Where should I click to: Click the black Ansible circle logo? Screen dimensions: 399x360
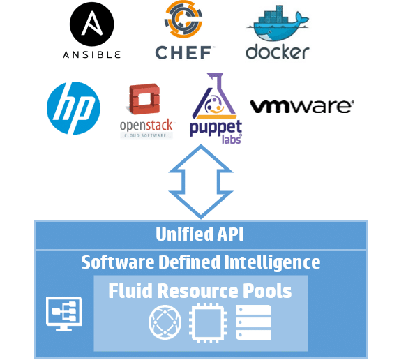click(x=92, y=24)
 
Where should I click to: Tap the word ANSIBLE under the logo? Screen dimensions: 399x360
click(x=92, y=54)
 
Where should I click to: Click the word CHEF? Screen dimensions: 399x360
click(x=183, y=53)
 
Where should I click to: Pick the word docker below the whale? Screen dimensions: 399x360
click(x=278, y=52)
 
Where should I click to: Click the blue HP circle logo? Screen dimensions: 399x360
click(x=73, y=108)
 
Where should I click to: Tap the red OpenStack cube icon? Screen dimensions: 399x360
click(x=144, y=99)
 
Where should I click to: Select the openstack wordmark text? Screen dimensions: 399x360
click(x=146, y=126)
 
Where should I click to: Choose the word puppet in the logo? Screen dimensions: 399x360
click(x=216, y=128)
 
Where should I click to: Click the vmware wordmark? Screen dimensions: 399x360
click(x=301, y=107)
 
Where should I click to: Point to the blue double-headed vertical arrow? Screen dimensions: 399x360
click(x=201, y=181)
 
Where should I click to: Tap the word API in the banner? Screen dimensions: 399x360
click(x=231, y=234)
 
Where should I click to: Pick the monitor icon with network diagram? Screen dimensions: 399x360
click(x=64, y=313)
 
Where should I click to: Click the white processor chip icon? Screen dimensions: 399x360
click(x=208, y=322)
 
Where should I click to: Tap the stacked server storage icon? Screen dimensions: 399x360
click(x=253, y=322)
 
